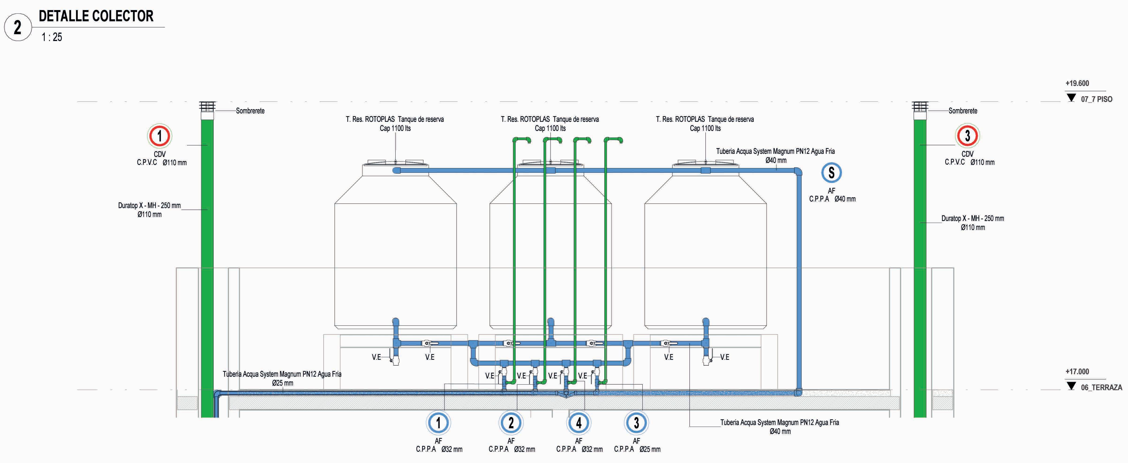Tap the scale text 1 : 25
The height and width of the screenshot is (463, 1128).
coord(52,37)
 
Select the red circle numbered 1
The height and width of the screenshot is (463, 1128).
coord(159,136)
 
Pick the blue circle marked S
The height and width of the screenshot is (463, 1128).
coord(831,173)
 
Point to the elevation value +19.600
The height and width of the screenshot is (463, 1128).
coord(1077,83)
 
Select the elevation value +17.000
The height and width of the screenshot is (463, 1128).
coord(1077,372)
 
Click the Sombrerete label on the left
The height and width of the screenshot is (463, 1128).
coord(250,111)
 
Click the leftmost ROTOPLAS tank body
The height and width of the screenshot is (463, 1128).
coord(395,254)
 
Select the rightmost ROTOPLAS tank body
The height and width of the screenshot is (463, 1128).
coord(705,254)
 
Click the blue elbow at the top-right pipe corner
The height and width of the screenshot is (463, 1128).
coord(798,172)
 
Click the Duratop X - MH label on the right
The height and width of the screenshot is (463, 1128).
coord(973,218)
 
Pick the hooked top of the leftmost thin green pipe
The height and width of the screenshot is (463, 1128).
coord(523,140)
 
